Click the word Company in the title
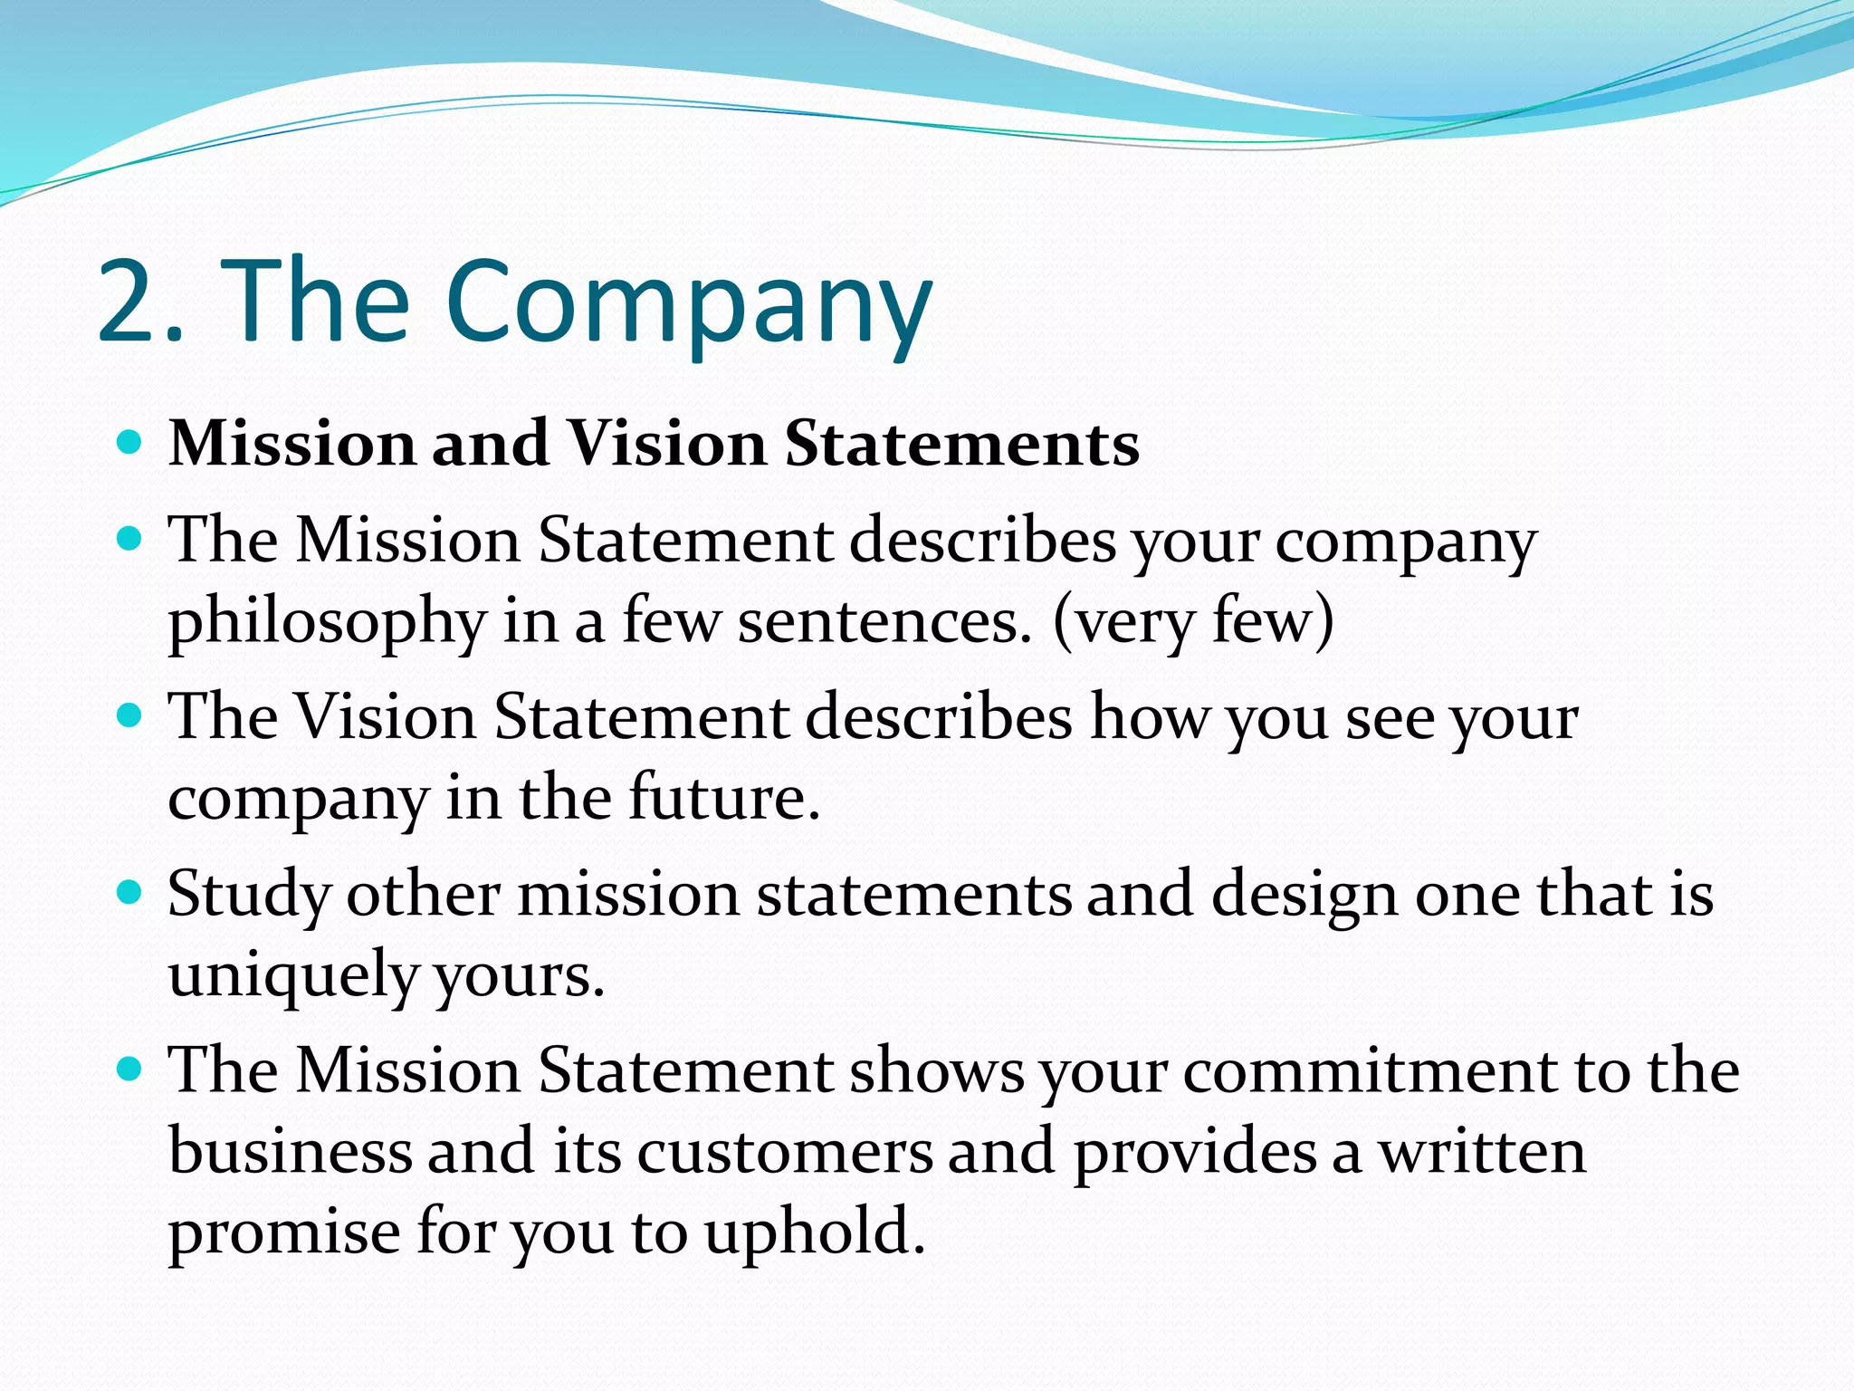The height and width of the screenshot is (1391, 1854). (x=688, y=303)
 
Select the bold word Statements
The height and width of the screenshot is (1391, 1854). (x=961, y=444)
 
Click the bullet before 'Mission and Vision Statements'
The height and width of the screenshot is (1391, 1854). (x=131, y=443)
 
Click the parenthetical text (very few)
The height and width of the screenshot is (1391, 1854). (x=1193, y=621)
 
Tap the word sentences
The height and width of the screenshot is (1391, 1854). (x=884, y=623)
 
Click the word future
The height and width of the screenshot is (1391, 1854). (x=724, y=797)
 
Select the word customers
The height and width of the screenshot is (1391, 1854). (x=785, y=1152)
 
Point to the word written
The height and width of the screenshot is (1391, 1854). (x=1482, y=1152)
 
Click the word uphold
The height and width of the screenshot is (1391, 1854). (x=815, y=1233)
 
